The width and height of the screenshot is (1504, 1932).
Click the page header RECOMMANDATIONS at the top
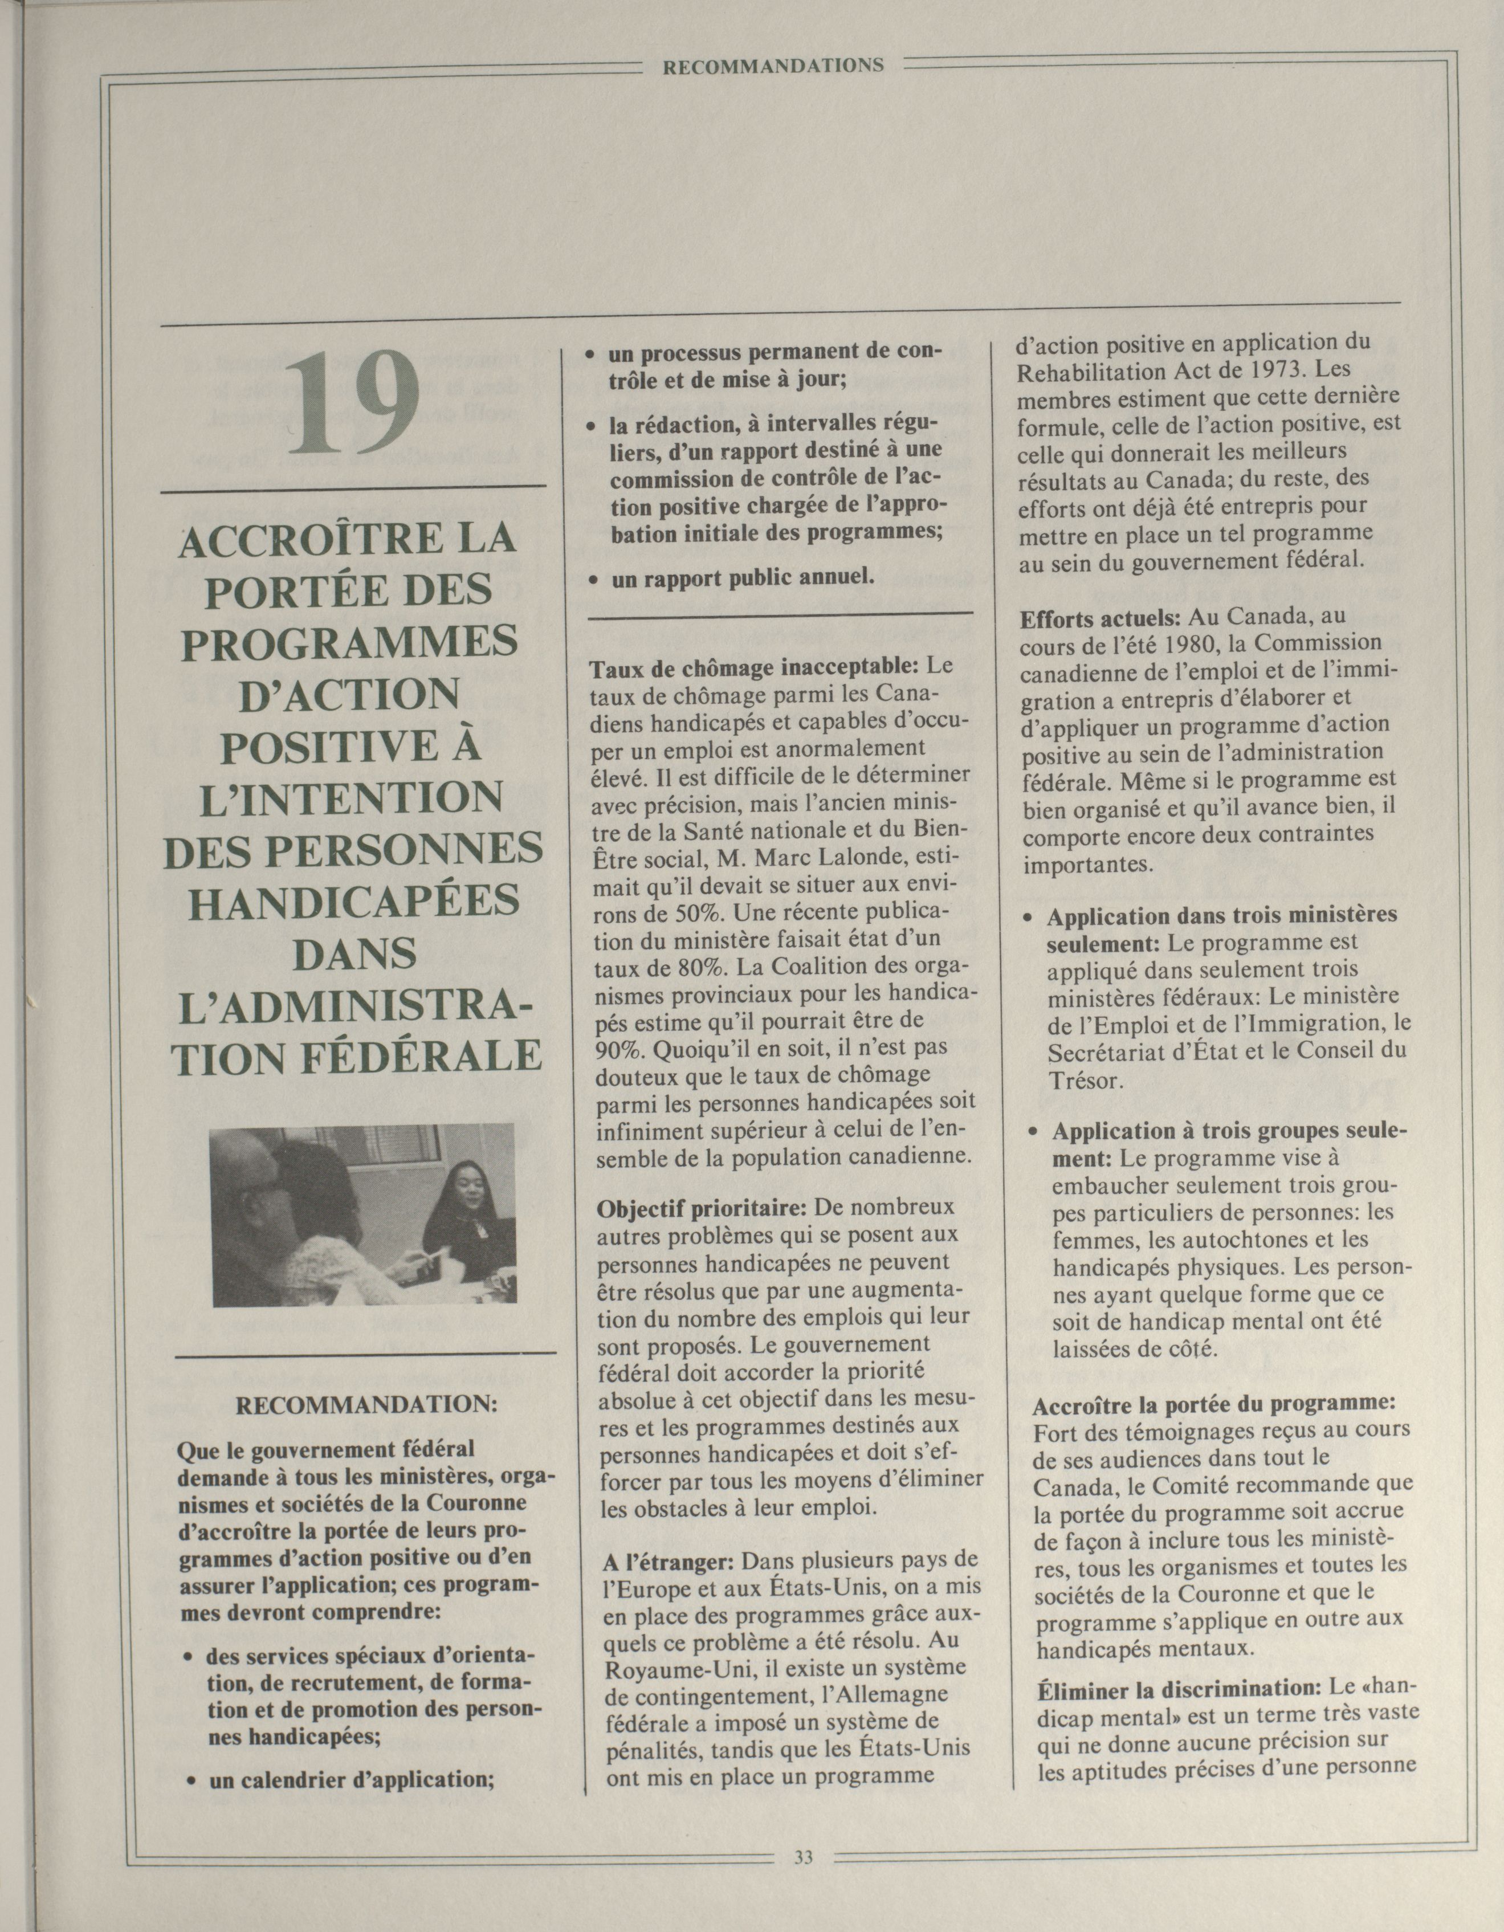pyautogui.click(x=773, y=64)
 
